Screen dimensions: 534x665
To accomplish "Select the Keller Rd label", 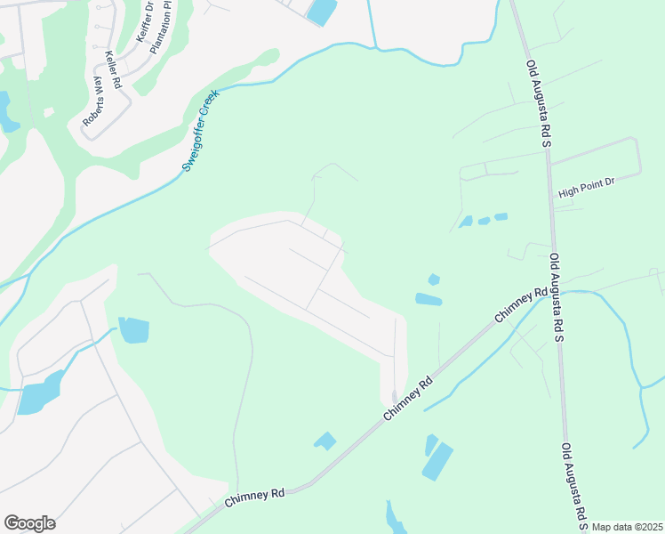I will (113, 69).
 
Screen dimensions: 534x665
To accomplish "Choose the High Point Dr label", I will (586, 188).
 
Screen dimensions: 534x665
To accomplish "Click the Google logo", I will (29, 522).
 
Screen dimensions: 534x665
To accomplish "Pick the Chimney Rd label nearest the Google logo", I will (254, 495).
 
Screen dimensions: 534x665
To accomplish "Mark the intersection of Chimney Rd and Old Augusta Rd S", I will (557, 292).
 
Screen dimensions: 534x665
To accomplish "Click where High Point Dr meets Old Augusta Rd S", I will (551, 163).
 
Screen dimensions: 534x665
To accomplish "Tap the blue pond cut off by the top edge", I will (322, 11).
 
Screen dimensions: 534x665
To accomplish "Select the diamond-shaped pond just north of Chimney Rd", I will (325, 441).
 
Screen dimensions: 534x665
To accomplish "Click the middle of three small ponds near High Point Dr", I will (484, 221).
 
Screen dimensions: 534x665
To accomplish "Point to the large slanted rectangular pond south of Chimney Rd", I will (437, 461).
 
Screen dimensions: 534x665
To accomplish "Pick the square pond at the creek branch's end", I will (133, 330).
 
